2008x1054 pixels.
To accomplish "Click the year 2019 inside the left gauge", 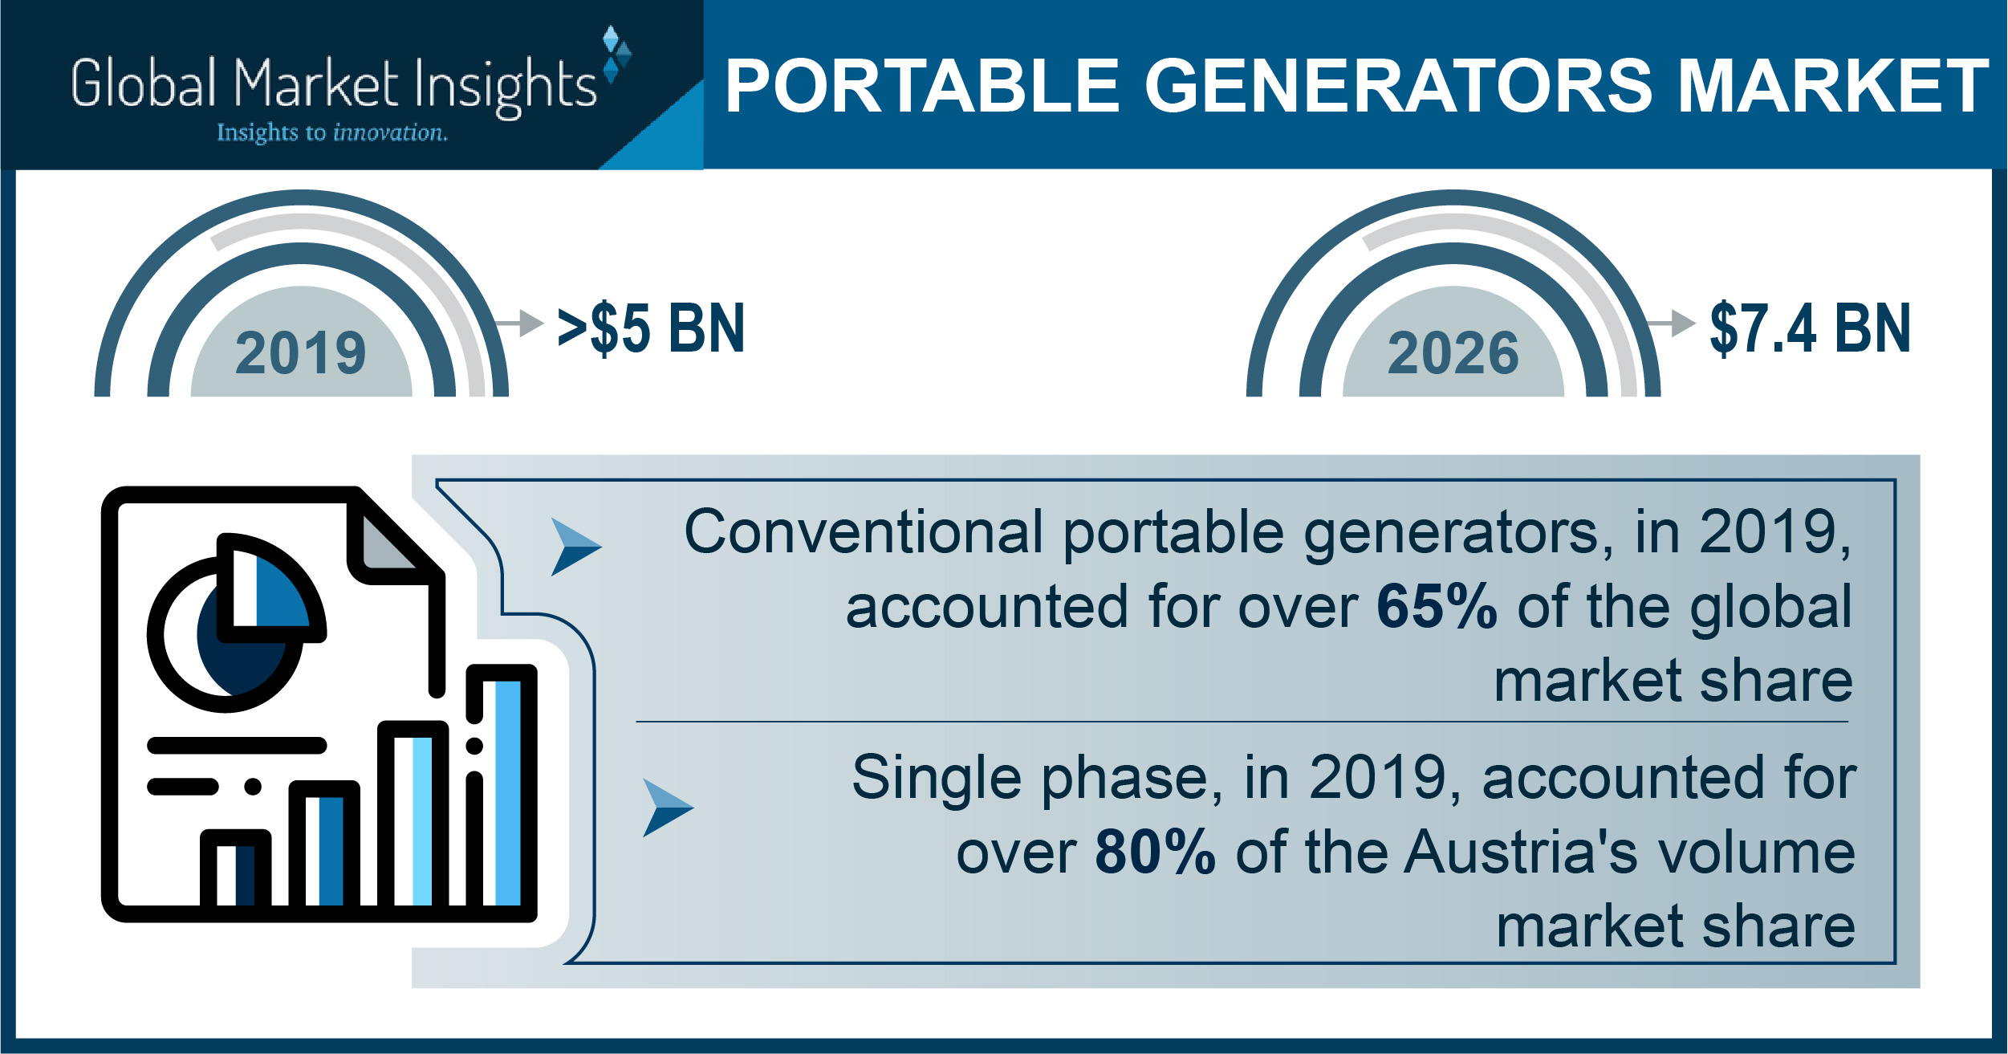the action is [301, 353].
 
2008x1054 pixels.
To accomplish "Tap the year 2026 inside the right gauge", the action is [1453, 353].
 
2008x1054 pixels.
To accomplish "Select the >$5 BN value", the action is [652, 328].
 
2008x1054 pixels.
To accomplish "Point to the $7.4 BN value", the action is [1811, 328].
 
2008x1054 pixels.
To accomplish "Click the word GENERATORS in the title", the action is [1399, 86].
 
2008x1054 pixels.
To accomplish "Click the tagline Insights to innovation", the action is [332, 132].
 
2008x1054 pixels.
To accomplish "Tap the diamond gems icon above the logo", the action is [616, 55].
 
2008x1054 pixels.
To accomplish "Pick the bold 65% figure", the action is [1437, 607].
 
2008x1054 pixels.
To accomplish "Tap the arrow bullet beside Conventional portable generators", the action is [576, 547].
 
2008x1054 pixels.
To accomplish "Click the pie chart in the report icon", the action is [236, 622].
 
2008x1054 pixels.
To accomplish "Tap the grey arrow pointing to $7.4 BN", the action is [1669, 323].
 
